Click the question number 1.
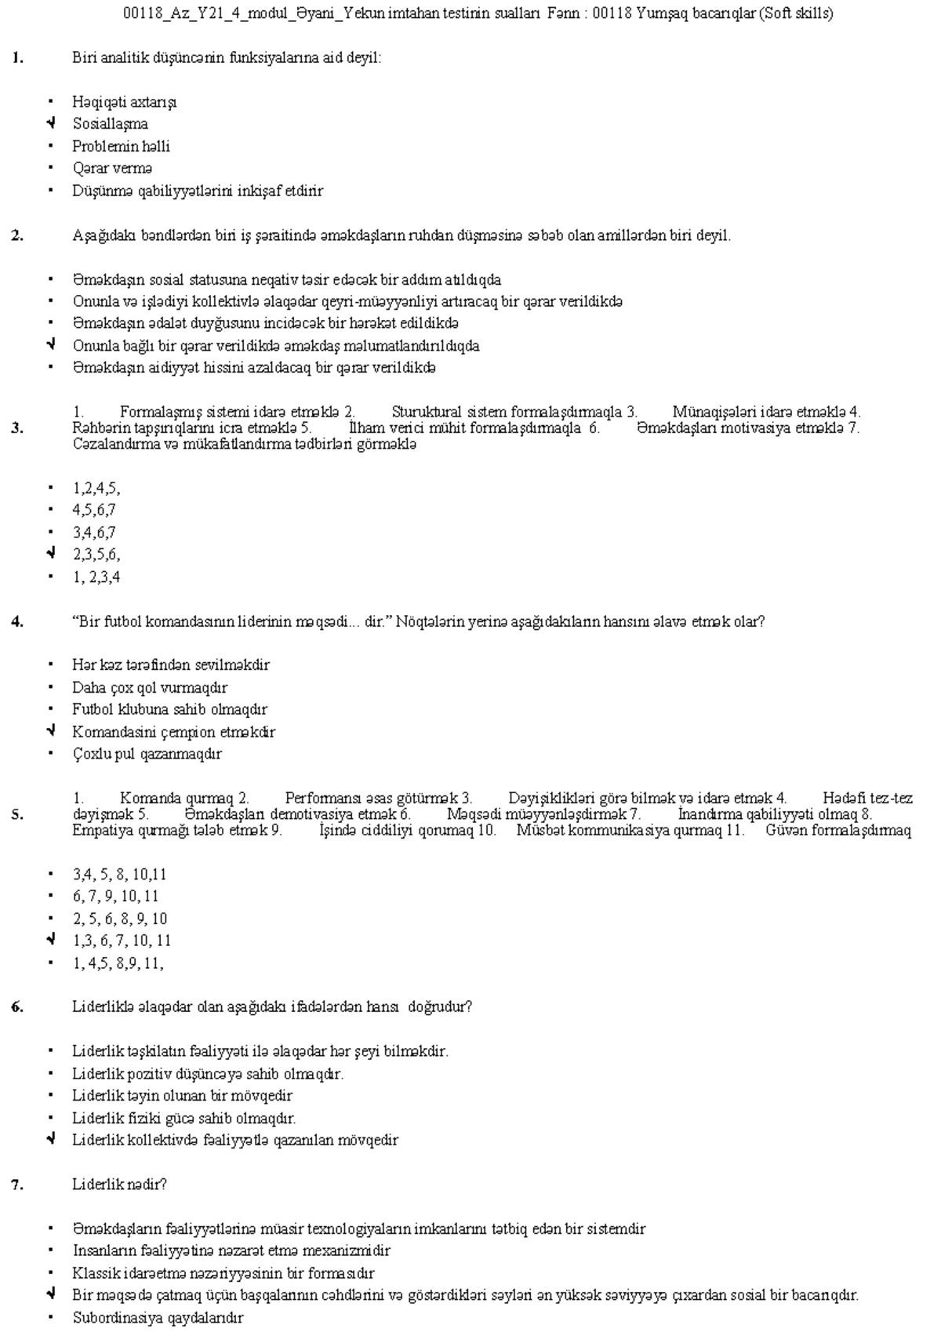17,57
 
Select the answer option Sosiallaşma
110,124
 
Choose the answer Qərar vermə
112,168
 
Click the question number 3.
17,428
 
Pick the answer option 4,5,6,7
94,510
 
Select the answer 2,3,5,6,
96,555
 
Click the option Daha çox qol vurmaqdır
150,687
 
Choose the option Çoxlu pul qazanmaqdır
147,754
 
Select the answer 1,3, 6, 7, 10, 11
122,940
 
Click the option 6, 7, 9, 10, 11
115,896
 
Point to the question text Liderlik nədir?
119,1184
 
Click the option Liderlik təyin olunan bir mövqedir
182,1095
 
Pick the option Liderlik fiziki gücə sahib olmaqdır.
183,1118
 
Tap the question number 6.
17,1006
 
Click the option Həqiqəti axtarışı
124,102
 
